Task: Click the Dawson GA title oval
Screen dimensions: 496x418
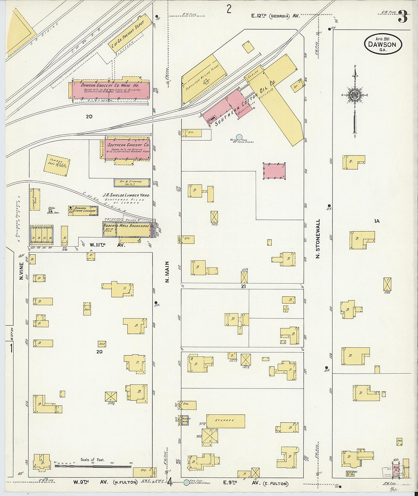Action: tap(382, 44)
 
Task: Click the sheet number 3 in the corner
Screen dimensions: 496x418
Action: tap(403, 17)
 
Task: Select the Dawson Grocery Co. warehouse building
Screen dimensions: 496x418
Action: tap(110, 90)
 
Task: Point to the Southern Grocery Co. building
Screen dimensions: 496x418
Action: tap(128, 149)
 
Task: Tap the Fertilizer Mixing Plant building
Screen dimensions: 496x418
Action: tap(204, 79)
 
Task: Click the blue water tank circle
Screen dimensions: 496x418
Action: tap(239, 137)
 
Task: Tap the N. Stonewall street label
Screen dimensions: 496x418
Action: tap(318, 238)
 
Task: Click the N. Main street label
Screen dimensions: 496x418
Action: tap(167, 272)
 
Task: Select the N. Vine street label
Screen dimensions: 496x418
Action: tap(22, 271)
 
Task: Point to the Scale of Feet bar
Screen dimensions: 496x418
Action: tap(93, 465)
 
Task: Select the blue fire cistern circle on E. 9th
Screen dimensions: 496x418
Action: tap(186, 483)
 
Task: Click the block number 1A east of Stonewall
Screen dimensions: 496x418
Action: tap(377, 221)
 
